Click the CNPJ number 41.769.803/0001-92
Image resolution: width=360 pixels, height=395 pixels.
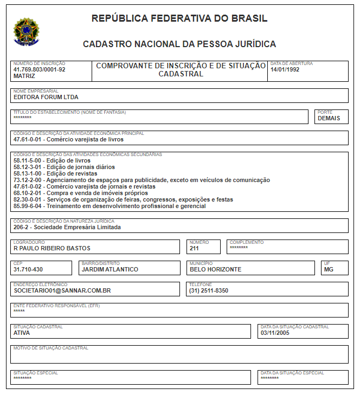click(39, 70)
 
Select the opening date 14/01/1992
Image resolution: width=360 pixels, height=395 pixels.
click(285, 70)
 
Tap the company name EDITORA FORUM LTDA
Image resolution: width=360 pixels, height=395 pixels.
click(46, 98)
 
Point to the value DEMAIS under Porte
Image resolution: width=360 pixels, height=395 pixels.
click(329, 118)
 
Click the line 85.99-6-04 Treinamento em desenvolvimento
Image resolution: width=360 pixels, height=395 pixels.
click(109, 206)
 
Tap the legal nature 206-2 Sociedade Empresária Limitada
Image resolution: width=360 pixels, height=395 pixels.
click(67, 227)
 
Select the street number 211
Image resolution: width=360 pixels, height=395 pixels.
click(195, 249)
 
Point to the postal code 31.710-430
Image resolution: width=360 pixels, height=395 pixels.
click(28, 269)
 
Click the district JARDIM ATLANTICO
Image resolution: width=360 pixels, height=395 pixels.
click(110, 269)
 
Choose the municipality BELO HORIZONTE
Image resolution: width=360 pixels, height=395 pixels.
click(215, 269)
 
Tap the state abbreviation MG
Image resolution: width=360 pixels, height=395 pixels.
click(329, 269)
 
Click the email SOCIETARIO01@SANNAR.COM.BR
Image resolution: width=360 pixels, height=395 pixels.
click(62, 291)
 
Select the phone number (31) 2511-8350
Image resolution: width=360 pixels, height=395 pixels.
click(209, 291)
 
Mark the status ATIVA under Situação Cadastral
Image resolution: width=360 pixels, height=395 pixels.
click(22, 333)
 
